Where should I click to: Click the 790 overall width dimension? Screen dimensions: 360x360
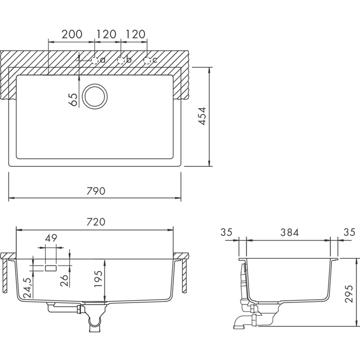(95, 190)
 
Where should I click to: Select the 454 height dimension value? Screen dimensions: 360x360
(202, 116)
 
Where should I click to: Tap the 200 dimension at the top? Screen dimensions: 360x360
(71, 34)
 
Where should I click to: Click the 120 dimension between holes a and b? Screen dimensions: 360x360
(106, 34)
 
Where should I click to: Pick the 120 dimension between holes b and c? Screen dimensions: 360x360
(135, 34)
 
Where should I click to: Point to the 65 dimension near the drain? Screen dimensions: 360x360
(73, 99)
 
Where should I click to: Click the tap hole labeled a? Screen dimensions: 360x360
(95, 60)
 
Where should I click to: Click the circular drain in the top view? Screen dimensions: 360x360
(95, 97)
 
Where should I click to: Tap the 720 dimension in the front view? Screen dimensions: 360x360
(95, 222)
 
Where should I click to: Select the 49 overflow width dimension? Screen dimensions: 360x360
(51, 238)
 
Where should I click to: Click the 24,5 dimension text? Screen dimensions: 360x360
(27, 287)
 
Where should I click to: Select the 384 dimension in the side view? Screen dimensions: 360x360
(290, 233)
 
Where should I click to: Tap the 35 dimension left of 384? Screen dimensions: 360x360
(227, 233)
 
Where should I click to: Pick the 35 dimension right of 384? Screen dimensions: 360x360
(349, 233)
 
